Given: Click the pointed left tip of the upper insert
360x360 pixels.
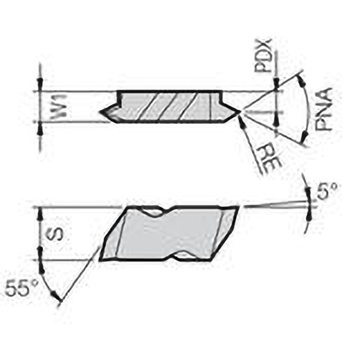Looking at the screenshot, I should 103,112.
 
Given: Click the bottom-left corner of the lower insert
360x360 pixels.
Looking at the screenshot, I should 101,259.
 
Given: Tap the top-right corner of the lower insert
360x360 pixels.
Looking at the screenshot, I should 238,207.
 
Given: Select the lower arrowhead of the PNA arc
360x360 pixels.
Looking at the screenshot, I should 305,136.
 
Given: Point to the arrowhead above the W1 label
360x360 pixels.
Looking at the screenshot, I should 40,81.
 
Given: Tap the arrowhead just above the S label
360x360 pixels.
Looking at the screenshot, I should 40,215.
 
